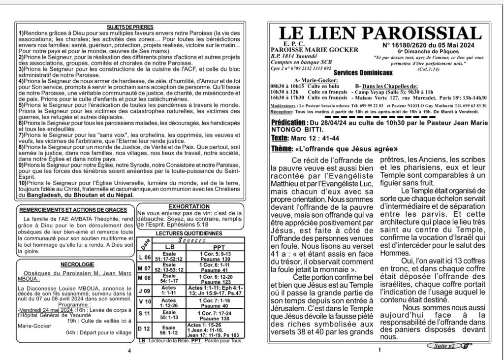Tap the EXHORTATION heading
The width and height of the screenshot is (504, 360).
click(189, 206)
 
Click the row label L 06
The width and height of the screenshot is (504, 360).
click(144, 258)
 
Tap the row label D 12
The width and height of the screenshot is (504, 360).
click(144, 328)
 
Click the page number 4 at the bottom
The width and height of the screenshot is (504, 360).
click(129, 351)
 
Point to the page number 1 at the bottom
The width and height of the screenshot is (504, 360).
click(379, 350)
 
